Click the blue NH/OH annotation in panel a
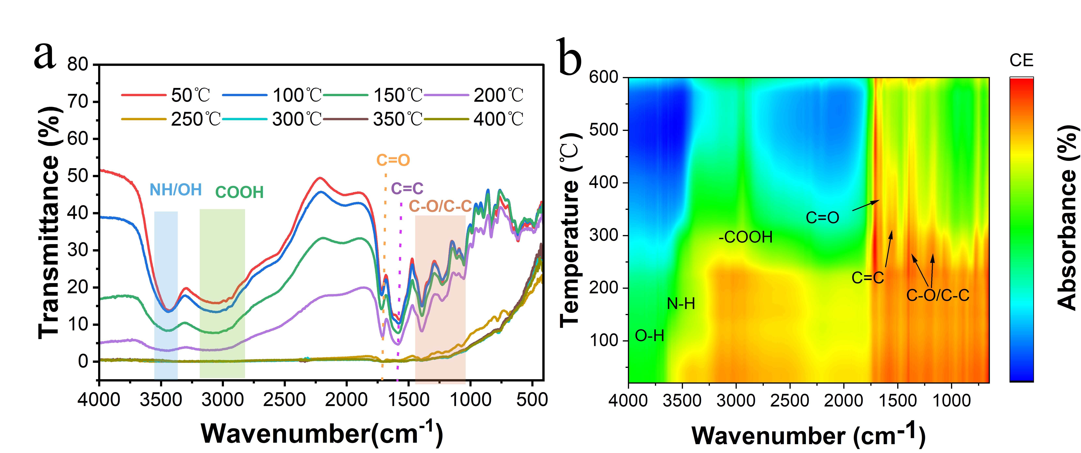175,190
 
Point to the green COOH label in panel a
239,192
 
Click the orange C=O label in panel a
393,160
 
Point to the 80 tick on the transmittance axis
78,65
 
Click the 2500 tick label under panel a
285,400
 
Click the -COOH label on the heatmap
745,237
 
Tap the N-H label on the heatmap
681,304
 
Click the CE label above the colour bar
1021,61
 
